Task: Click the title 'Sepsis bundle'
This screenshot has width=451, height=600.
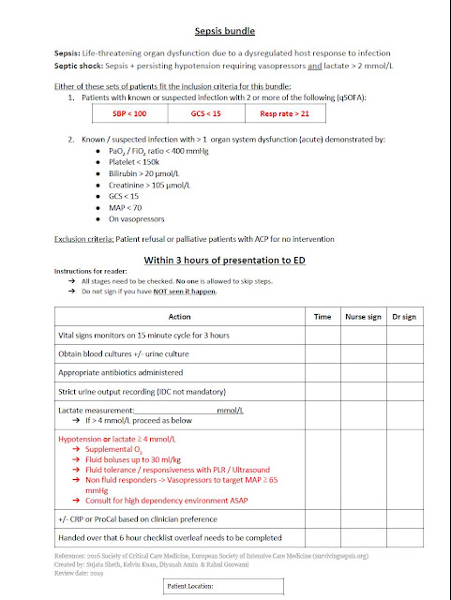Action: coord(224,30)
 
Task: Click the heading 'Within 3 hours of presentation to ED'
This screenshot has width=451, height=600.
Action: coord(224,260)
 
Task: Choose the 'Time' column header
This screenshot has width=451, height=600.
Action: coord(322,317)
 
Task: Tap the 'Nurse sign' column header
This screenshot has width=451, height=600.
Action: coord(362,317)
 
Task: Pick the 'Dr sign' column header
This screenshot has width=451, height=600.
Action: coord(404,317)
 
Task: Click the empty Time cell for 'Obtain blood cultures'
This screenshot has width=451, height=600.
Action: coord(322,352)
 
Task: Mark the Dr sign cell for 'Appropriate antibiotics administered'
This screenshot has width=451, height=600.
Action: coord(404,371)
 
